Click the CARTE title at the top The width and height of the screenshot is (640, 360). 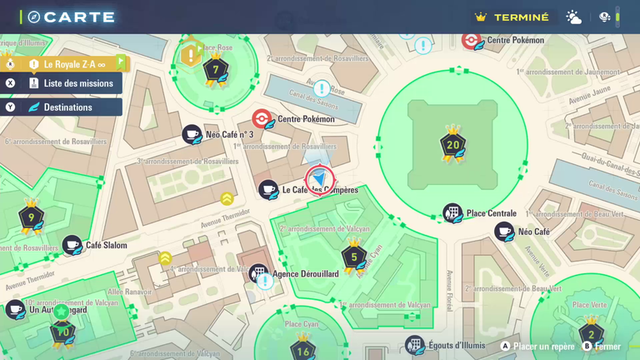78,17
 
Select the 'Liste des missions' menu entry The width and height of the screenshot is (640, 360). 78,83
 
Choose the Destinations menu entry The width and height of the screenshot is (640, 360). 68,107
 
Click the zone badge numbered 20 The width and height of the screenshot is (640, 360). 452,145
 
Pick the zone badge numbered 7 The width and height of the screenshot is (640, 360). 216,70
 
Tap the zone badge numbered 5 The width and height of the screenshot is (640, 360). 354,257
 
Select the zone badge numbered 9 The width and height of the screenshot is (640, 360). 31,218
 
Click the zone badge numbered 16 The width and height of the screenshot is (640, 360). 302,351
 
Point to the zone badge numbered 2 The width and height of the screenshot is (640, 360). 592,334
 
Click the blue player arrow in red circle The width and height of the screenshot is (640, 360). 320,180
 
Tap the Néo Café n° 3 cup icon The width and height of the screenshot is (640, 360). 192,134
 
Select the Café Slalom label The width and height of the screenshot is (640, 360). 107,245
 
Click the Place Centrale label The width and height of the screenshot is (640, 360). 491,213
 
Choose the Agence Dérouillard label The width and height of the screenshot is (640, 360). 305,273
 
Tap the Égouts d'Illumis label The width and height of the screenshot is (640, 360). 457,345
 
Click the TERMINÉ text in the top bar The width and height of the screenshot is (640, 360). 521,17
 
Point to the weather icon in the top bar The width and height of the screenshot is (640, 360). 574,17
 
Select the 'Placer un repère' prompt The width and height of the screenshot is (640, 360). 543,346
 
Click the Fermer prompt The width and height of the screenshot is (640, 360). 607,346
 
